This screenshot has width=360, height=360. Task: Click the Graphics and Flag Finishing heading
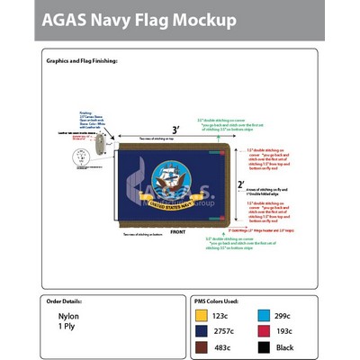pos(82,62)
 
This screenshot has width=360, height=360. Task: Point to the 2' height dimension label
pos(240,184)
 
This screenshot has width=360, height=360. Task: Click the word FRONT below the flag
pos(177,231)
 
